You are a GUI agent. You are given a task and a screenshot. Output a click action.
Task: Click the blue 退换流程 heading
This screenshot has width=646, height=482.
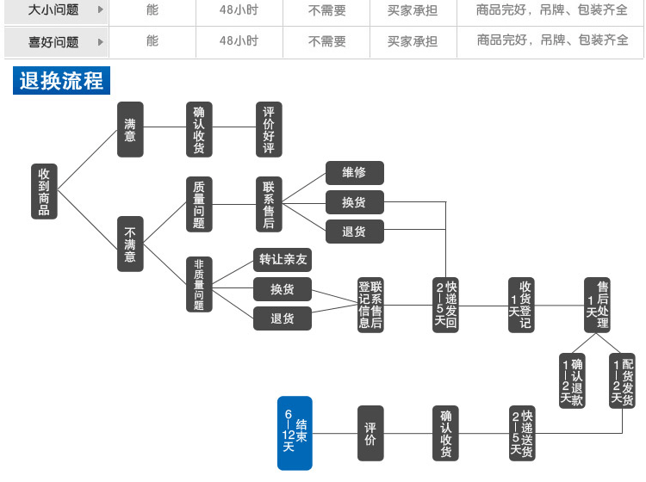coord(61,81)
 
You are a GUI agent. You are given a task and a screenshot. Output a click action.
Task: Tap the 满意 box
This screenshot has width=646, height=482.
coord(130,130)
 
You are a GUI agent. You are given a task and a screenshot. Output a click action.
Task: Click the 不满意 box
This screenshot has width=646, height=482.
coord(130,244)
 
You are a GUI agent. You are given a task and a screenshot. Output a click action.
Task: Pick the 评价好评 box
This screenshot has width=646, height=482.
coord(269,130)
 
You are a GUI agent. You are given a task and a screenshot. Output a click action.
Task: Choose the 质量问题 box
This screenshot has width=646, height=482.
coord(199,205)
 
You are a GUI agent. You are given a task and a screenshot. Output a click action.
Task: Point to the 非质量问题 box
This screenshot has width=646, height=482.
coord(199,284)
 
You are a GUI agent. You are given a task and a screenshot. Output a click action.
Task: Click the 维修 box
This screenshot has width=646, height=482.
coord(354,172)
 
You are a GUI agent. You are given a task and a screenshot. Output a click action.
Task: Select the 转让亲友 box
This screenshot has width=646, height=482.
coord(283,259)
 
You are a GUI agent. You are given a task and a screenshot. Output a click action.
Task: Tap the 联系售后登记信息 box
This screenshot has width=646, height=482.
coord(370,305)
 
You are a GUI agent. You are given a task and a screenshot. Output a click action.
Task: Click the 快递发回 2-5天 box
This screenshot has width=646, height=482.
coord(446,305)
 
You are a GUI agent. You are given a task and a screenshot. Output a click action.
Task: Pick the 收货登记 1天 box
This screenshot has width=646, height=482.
coord(520,305)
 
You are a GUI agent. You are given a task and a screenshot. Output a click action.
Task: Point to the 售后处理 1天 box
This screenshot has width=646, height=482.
coord(597,305)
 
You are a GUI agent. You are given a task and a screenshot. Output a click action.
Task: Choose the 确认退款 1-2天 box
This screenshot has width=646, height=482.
coord(572,380)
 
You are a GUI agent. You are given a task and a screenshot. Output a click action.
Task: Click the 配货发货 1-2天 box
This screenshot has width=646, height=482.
coord(622,380)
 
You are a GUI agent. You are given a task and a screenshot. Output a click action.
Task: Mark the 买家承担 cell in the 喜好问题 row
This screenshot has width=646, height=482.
coord(412,40)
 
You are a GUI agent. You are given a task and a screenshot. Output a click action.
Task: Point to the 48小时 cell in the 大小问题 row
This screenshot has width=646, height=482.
coord(239,11)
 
